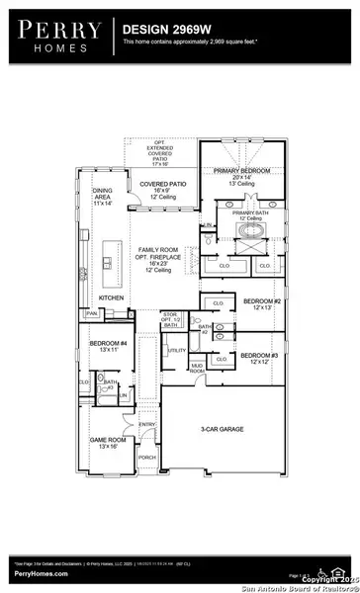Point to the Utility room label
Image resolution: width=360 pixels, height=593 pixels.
[177, 351]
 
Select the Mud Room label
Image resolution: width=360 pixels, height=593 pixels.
[197, 369]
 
